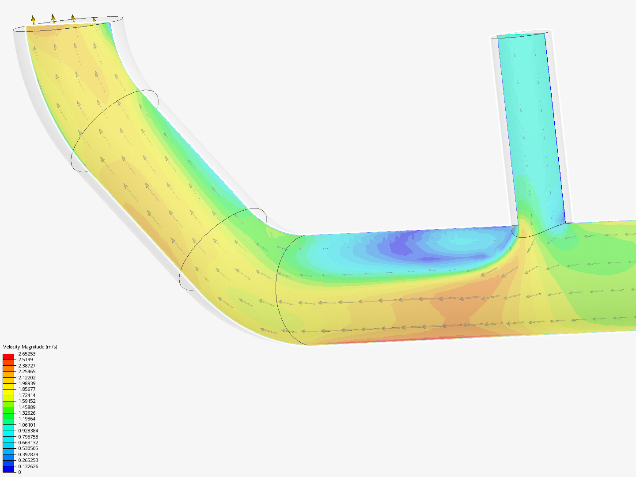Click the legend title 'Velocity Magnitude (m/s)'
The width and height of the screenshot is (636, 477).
coord(30,347)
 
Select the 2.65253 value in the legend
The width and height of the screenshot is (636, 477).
coord(26,354)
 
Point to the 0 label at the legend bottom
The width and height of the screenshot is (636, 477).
coord(19,472)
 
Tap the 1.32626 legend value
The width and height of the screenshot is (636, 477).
coord(26,413)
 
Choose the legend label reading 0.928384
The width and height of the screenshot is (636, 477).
coord(28,431)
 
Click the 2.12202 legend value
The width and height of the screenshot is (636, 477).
coord(26,378)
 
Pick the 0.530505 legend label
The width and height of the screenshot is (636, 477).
coord(28,448)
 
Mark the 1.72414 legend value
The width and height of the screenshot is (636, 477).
coord(26,395)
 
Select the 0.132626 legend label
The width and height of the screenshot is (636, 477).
coord(28,466)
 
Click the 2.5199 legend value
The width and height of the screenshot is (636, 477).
coord(25,360)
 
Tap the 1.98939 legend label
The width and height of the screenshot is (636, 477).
coord(26,383)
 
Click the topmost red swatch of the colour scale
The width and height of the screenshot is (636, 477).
coord(8,356)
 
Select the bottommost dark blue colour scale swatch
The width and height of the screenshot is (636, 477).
coord(8,469)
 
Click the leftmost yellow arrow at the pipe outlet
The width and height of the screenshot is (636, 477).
coord(33,19)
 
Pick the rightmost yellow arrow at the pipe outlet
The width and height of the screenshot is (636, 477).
coord(94,20)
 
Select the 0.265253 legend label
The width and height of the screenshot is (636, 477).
coord(28,460)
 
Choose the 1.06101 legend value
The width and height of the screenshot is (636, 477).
coord(26,425)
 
